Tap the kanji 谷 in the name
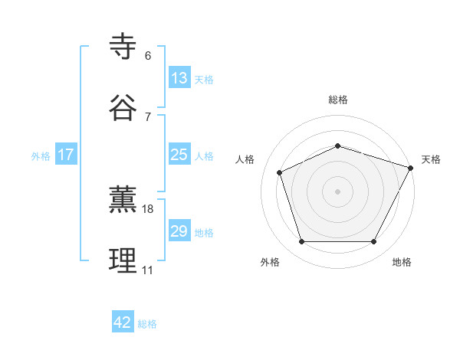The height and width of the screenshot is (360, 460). (x=123, y=108)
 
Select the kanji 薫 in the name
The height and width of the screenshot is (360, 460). (x=123, y=200)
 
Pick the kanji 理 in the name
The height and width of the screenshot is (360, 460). (x=123, y=261)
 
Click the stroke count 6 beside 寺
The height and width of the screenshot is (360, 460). (x=147, y=56)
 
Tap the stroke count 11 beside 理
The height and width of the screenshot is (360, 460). (x=148, y=270)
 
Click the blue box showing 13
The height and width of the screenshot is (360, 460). (x=179, y=78)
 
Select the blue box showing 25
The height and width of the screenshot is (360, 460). (x=179, y=155)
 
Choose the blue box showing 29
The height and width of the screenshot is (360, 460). (x=179, y=231)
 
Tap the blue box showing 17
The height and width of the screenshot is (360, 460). (x=66, y=155)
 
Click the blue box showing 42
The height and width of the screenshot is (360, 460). (x=123, y=322)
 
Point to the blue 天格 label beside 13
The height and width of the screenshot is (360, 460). (x=204, y=79)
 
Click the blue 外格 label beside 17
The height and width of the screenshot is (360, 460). (x=41, y=155)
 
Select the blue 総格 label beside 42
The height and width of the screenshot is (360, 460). (x=147, y=324)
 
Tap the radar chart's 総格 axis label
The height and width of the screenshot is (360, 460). (x=338, y=100)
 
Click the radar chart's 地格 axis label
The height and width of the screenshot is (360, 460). (x=402, y=262)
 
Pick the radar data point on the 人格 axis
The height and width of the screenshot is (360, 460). (x=280, y=172)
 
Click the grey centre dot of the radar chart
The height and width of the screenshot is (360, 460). (x=338, y=191)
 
